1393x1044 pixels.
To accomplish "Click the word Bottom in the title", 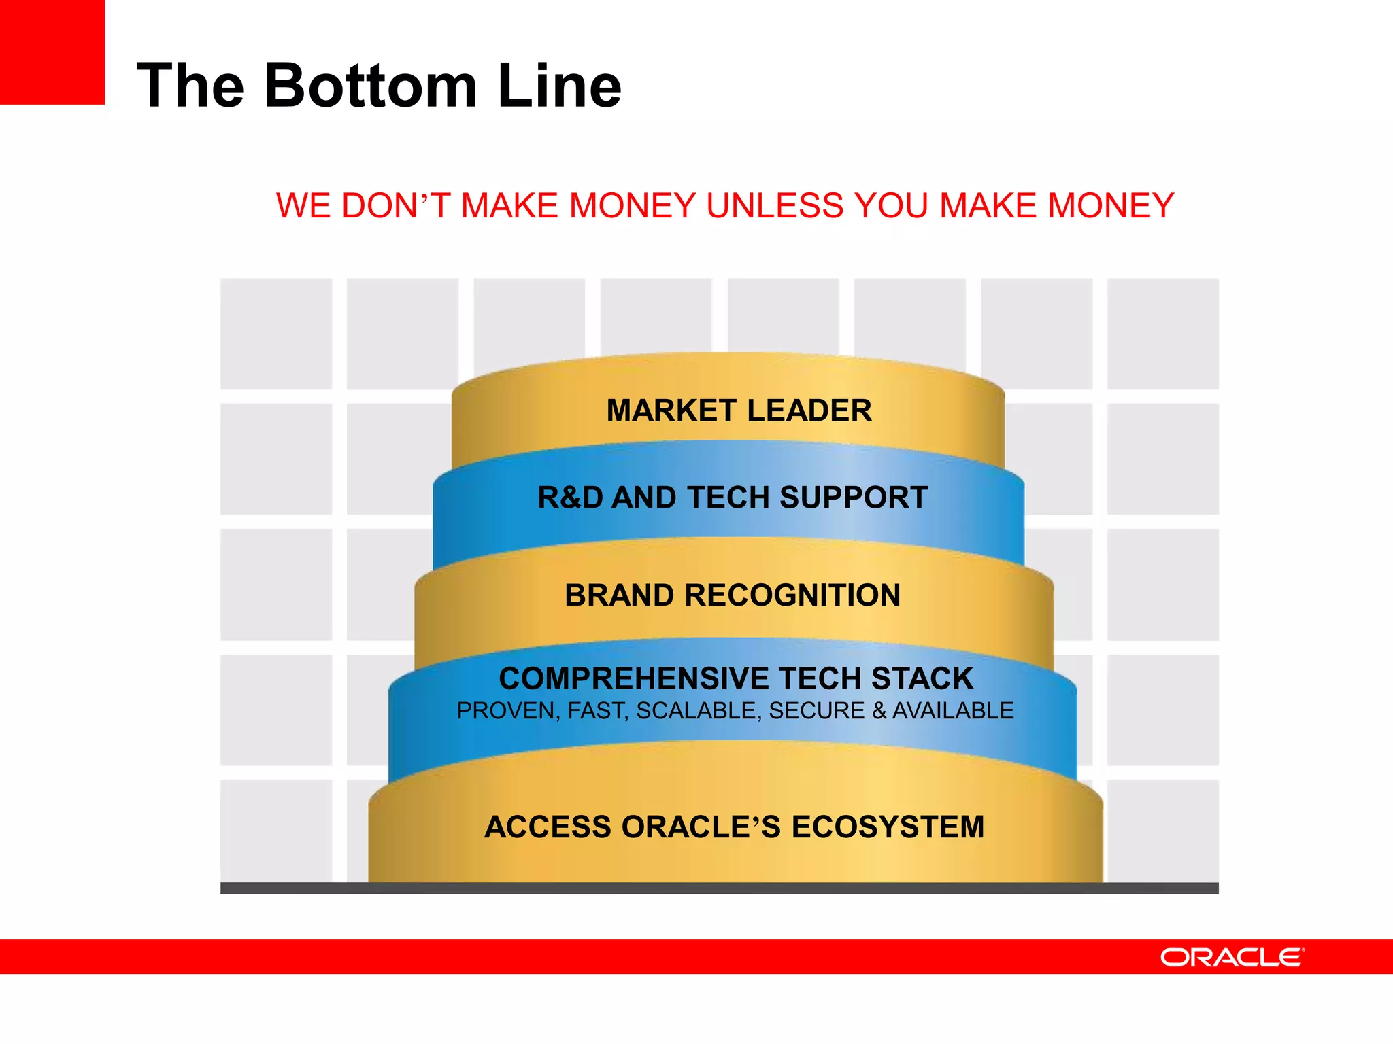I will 371,86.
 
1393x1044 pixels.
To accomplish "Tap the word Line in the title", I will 559,86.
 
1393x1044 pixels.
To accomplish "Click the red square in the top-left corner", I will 52,52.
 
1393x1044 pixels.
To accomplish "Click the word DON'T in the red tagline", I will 395,205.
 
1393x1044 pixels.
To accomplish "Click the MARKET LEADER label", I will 739,411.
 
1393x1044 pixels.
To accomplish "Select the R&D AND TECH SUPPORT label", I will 733,498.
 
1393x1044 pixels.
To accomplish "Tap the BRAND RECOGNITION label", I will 733,595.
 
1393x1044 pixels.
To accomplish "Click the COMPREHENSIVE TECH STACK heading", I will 736,678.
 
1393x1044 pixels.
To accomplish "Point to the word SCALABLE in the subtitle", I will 696,711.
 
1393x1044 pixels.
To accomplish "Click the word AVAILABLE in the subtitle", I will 952,711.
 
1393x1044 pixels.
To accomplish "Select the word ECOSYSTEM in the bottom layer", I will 888,827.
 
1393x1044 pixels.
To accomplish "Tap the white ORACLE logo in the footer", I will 1232,957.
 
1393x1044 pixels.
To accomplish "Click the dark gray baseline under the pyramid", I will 719,888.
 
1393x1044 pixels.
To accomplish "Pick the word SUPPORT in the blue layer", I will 854,498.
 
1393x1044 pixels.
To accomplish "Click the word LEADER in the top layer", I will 809,411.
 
